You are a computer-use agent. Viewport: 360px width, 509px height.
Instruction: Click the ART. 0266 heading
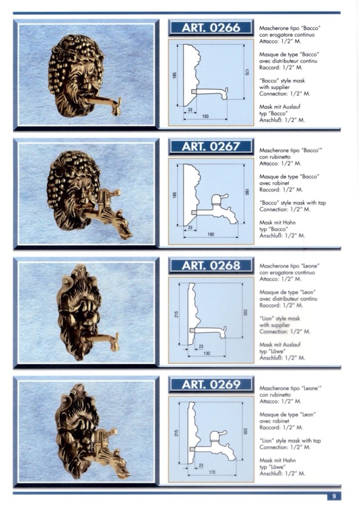tap(211, 28)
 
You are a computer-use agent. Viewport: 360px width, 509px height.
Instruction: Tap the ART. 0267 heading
tap(211, 146)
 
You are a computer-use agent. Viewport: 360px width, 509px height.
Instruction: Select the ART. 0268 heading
tap(211, 265)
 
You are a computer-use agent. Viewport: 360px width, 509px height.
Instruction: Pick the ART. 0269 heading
tap(211, 385)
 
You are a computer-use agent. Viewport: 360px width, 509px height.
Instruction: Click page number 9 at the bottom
tap(334, 496)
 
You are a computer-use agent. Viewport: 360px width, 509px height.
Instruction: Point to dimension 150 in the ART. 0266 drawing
tap(205, 116)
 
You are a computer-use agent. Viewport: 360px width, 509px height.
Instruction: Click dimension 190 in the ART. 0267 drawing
tap(211, 235)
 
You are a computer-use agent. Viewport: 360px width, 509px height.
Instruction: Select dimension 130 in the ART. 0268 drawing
tap(207, 353)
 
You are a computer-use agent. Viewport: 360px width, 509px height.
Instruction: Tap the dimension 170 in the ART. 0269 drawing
tap(212, 472)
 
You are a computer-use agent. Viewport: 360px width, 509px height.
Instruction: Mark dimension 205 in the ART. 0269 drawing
tap(245, 431)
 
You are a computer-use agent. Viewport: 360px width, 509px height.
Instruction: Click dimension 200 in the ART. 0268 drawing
tap(245, 312)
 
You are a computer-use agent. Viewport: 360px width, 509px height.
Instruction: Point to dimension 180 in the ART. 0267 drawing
tap(247, 192)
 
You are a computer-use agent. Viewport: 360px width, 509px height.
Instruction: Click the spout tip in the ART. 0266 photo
tap(116, 112)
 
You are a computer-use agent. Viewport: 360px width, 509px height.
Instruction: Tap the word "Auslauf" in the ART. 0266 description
tap(291, 107)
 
